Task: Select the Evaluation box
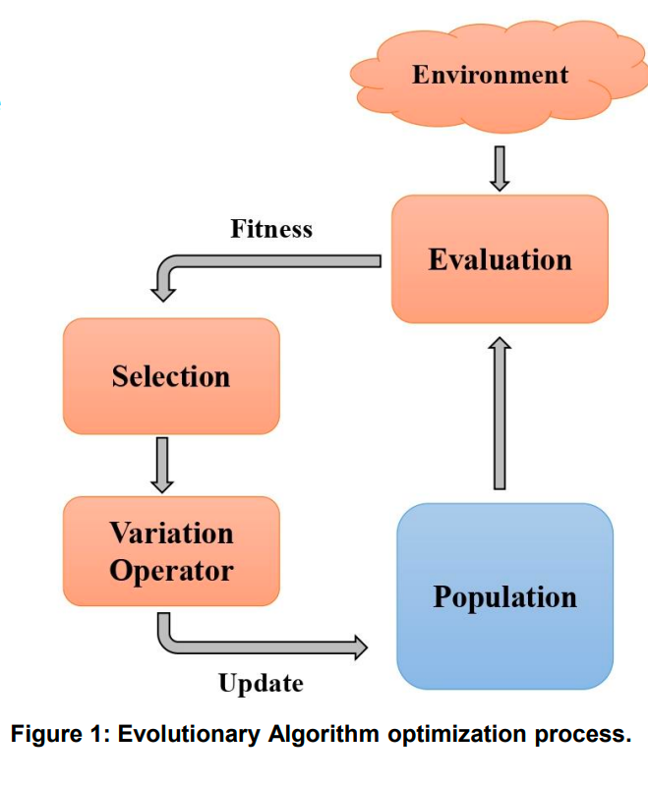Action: tap(500, 259)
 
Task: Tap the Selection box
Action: tap(171, 376)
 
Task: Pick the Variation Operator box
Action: tap(171, 551)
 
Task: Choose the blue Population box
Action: tap(504, 596)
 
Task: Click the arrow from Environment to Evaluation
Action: tap(500, 168)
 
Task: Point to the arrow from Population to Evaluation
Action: tap(500, 413)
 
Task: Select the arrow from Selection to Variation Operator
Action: tap(164, 464)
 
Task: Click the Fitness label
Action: tap(271, 229)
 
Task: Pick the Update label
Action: tap(261, 683)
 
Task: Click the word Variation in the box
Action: tap(171, 533)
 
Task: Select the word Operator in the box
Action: tap(171, 570)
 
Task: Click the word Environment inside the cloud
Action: tap(490, 75)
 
